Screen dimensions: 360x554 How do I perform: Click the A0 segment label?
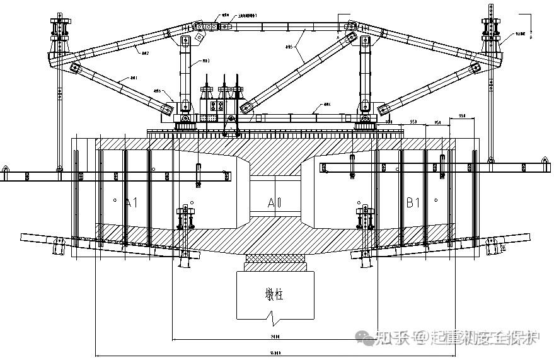pos(274,203)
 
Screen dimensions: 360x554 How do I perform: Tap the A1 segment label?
pos(131,203)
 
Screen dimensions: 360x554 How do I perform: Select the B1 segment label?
pos(413,203)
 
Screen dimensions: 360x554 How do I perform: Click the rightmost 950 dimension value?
pos(461,116)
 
